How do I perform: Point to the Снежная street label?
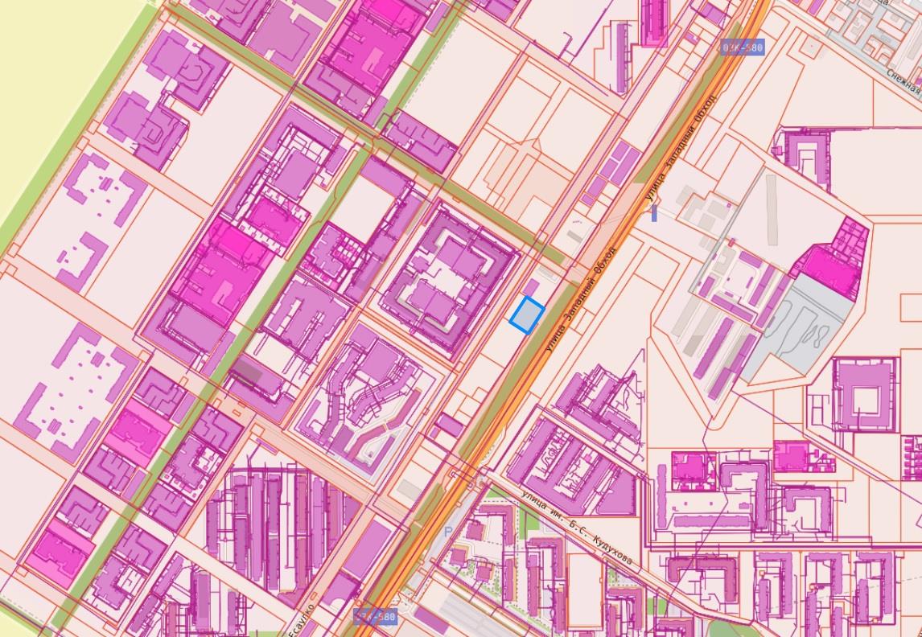click(x=904, y=80)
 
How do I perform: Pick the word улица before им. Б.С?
click(x=534, y=503)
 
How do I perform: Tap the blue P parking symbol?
click(x=448, y=532)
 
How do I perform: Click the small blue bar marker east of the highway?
click(x=654, y=213)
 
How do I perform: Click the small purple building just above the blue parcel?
click(x=532, y=288)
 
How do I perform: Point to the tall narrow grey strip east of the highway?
click(x=772, y=209)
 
